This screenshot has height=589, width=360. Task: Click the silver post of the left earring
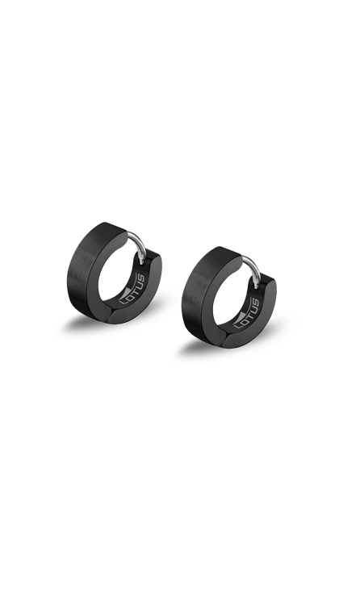pyautogui.click(x=138, y=245)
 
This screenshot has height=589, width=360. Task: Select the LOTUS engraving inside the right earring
pyautogui.click(x=247, y=313)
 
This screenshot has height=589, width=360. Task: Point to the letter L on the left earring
pyautogui.click(x=123, y=300)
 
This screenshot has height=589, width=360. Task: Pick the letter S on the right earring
pyautogui.click(x=257, y=303)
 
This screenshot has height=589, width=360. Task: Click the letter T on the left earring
pyautogui.click(x=133, y=289)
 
